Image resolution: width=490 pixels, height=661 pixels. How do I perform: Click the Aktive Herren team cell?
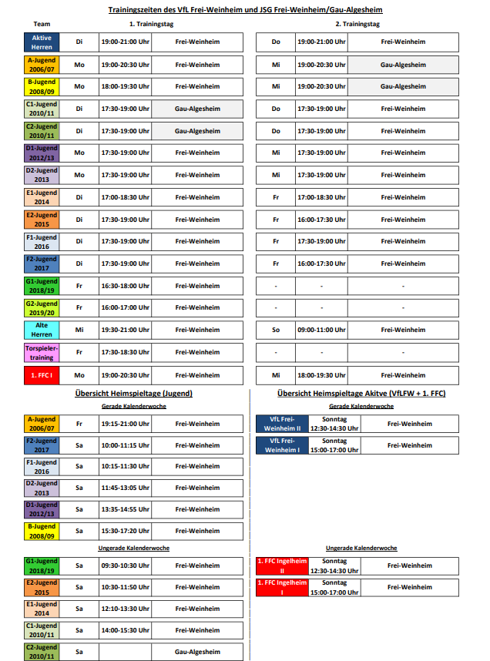(x=42, y=42)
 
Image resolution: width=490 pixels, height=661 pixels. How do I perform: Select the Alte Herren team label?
(x=42, y=330)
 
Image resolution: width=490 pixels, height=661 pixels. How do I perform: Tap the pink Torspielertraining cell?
(x=42, y=352)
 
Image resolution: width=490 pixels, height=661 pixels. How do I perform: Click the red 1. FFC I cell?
(x=42, y=375)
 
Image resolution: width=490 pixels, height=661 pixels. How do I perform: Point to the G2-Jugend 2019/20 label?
(x=42, y=307)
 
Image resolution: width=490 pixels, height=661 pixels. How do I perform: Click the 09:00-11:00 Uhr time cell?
(x=321, y=330)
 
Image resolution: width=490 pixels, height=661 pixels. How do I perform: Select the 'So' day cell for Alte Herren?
(x=275, y=330)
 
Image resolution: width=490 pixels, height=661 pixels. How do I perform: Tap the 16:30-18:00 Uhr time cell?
(x=125, y=286)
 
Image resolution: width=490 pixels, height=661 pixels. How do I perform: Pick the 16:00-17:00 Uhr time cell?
(x=125, y=307)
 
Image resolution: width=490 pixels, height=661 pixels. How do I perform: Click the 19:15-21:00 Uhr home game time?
(x=125, y=424)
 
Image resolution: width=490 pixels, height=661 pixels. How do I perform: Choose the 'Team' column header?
(x=42, y=25)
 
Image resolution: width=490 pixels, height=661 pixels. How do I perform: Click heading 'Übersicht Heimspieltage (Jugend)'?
(x=134, y=394)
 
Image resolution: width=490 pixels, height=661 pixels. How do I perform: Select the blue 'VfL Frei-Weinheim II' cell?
(x=282, y=424)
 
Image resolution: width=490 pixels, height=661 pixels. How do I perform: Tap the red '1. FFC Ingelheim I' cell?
(x=282, y=587)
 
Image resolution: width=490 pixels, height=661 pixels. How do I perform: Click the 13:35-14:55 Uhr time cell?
(x=125, y=509)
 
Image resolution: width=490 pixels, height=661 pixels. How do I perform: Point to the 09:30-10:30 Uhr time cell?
(x=125, y=565)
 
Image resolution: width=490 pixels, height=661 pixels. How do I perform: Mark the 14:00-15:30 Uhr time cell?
(x=125, y=630)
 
